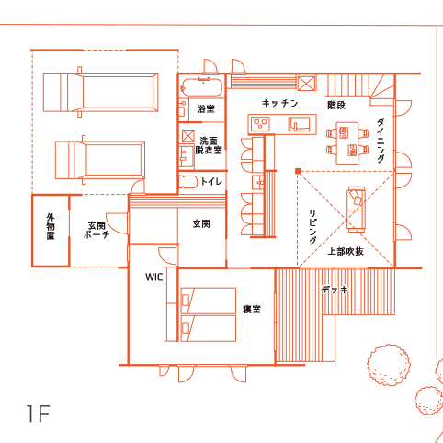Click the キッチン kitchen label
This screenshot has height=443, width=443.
coord(279,103)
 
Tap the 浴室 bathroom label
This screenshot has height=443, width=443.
coord(206,108)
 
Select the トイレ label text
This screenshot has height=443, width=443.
coord(211,181)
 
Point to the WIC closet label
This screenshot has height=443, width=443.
coord(154,278)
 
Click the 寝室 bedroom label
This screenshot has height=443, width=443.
coord(252,309)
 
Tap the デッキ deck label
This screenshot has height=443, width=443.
coord(335,290)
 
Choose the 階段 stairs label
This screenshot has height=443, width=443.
coord(336,106)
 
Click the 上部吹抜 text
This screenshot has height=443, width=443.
coord(346,252)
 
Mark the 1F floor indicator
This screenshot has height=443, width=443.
coord(38,414)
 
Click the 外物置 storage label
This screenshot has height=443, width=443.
coord(51,226)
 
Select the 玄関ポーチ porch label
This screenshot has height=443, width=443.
coord(97,230)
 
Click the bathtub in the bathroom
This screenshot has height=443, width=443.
coord(201,87)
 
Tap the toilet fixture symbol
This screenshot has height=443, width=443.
coord(188,182)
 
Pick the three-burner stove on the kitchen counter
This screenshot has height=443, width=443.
coord(260,124)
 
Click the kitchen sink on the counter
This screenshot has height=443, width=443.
coord(299,124)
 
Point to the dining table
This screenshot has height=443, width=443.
coord(347,143)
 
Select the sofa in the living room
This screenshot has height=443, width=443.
coord(356,210)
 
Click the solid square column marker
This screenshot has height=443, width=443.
coord(298,171)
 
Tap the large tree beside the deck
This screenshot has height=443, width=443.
coord(389,365)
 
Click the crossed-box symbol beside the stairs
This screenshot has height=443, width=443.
coord(306,83)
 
